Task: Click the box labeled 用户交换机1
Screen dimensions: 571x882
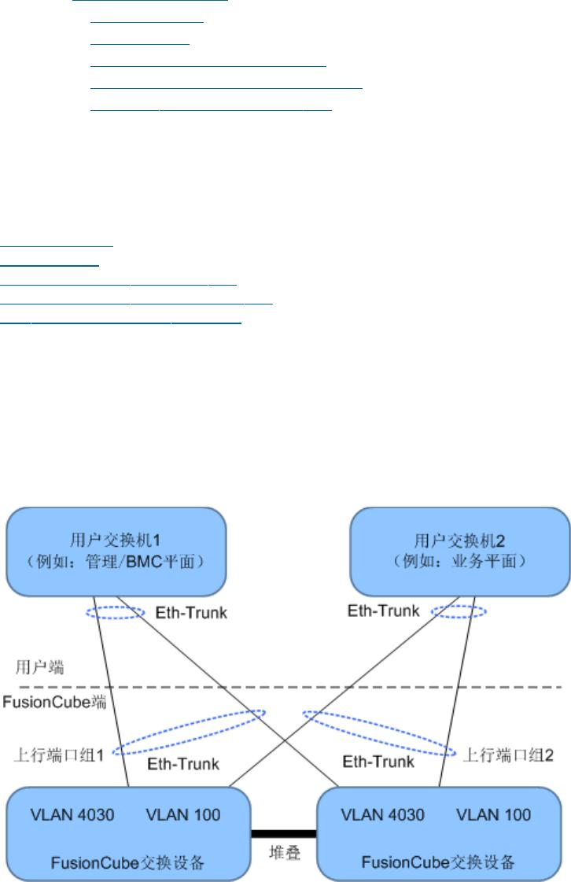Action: (x=116, y=552)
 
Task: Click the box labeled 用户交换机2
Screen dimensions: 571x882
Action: (x=459, y=552)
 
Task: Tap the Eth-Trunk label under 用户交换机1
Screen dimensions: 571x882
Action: (x=191, y=613)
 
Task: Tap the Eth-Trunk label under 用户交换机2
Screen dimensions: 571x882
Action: (x=383, y=611)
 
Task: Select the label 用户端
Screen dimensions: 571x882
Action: (x=39, y=667)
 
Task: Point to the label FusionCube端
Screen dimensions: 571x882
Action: (x=54, y=702)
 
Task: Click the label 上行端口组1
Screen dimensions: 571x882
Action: (x=59, y=755)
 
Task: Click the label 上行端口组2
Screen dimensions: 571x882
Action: (x=508, y=755)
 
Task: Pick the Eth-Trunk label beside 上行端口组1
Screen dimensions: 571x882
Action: (x=182, y=764)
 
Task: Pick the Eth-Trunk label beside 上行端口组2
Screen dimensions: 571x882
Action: (x=378, y=762)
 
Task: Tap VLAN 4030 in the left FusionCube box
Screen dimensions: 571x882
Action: (x=72, y=815)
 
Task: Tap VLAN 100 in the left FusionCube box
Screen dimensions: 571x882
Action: (x=182, y=815)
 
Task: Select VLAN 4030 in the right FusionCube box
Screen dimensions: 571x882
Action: (x=382, y=815)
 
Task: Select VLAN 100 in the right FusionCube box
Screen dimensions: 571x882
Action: (x=493, y=815)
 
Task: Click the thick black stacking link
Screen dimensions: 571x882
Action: (x=283, y=834)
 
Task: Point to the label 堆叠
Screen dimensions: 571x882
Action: (x=285, y=853)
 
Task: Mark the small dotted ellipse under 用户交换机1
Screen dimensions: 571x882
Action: (x=116, y=618)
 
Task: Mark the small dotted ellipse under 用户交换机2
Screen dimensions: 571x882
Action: (x=459, y=617)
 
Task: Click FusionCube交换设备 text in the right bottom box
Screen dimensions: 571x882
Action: (x=437, y=862)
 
